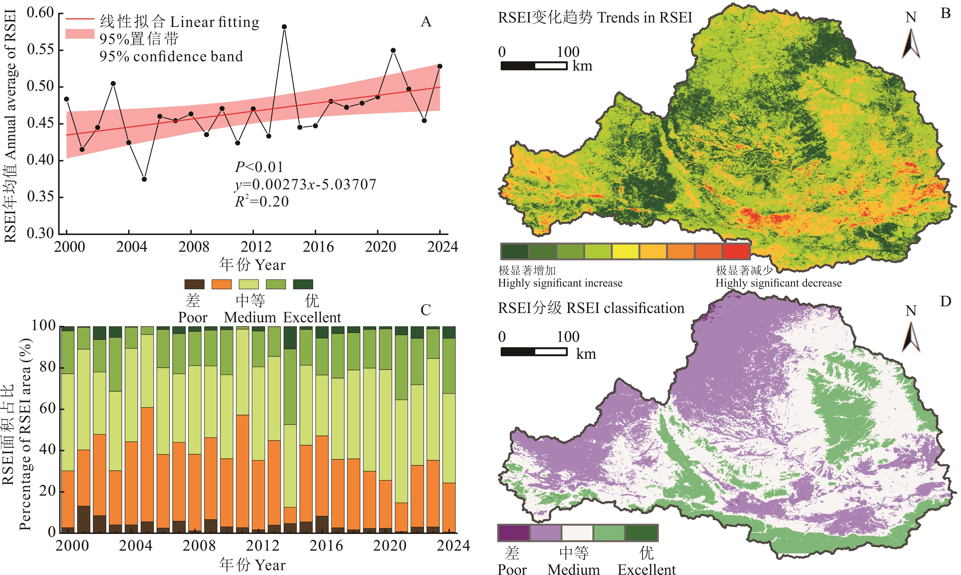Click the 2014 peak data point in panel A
point(284,27)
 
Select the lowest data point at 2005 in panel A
point(144,179)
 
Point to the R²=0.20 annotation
point(262,201)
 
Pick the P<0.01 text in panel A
point(259,167)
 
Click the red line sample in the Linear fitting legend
point(80,19)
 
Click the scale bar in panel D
point(534,352)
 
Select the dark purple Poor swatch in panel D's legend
point(513,533)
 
